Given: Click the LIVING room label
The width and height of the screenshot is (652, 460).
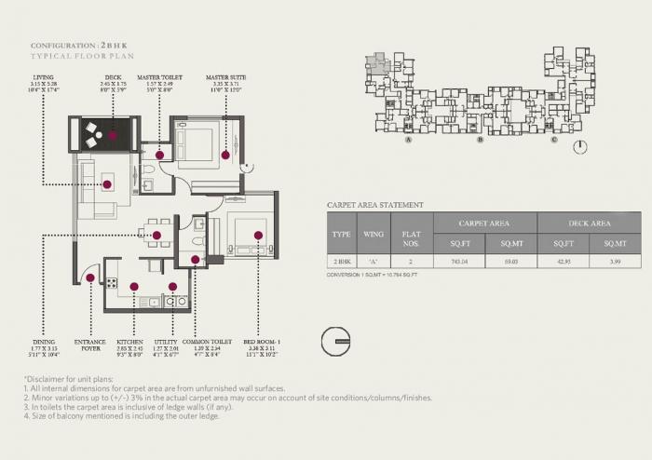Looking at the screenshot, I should pyautogui.click(x=43, y=78).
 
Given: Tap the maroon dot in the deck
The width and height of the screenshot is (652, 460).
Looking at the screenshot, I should pyautogui.click(x=113, y=135).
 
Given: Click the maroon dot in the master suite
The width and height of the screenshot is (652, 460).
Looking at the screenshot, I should pyautogui.click(x=225, y=154).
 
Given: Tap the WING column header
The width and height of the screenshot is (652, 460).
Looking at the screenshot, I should pyautogui.click(x=373, y=235).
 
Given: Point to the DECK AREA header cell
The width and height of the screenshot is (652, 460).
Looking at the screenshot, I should pyautogui.click(x=590, y=223).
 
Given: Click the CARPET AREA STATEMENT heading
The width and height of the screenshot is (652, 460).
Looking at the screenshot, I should pyautogui.click(x=375, y=205).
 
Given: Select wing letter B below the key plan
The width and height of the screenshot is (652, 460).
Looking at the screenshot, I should pyautogui.click(x=481, y=140).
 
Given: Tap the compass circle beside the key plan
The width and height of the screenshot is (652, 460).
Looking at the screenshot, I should pyautogui.click(x=580, y=147).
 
